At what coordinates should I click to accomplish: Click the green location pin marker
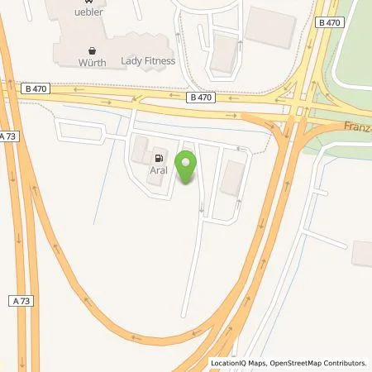pos(186,166)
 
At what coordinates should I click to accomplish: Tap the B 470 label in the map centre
pos(200,97)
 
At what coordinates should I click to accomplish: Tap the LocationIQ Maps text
pos(237,363)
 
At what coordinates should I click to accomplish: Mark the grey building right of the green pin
pos(232,178)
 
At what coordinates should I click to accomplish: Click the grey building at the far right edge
pos(363,253)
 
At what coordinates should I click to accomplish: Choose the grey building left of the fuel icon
pos(140,150)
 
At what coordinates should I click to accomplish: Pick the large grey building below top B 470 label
pos(270,28)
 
